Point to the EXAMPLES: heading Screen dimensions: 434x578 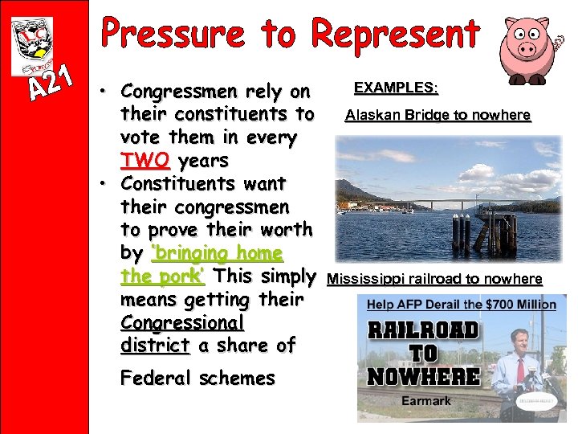pos(396,87)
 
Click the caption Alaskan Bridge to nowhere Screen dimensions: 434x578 pos(438,115)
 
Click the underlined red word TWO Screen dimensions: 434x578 pos(145,161)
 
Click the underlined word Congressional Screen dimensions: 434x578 pos(181,322)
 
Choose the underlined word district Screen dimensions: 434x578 pos(155,346)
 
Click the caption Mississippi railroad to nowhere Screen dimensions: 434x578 pos(434,279)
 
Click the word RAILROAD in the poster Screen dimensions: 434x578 pos(423,330)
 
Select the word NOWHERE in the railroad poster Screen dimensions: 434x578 pos(423,375)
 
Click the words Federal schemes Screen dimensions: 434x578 pos(197,378)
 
